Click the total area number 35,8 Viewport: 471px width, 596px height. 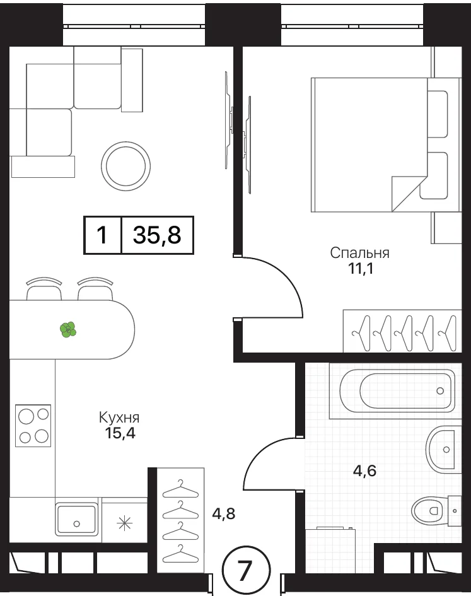pos(157,235)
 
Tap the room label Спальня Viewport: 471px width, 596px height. pos(359,253)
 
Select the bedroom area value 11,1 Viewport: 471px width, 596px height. pos(361,269)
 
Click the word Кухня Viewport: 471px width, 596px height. pos(119,418)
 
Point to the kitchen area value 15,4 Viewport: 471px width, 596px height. pos(120,433)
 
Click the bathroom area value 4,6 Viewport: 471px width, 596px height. pos(364,471)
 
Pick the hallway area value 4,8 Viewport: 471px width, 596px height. pos(224,513)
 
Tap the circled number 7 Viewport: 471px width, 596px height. pos(246,570)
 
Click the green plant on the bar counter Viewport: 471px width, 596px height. pos(68,330)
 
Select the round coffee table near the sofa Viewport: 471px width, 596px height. pos(126,166)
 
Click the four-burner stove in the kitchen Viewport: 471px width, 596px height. pos(33,426)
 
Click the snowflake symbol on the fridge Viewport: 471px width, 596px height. pos(124,523)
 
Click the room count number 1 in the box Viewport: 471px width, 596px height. pos(102,235)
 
